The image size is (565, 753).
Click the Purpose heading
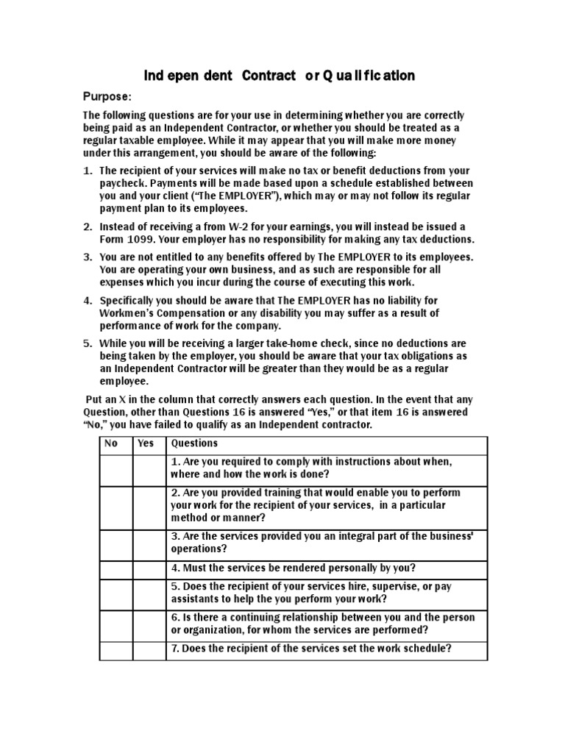[107, 96]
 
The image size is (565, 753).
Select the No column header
[112, 443]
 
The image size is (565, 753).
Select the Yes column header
[146, 443]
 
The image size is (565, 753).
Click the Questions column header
[194, 443]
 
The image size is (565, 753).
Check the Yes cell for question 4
[149, 568]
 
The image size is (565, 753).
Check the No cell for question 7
[116, 649]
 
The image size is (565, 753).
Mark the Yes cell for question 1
[149, 468]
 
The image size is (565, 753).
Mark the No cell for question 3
[116, 542]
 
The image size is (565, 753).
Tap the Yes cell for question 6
[149, 624]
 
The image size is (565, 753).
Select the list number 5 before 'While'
[87, 343]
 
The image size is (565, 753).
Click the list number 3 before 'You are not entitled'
[87, 257]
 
